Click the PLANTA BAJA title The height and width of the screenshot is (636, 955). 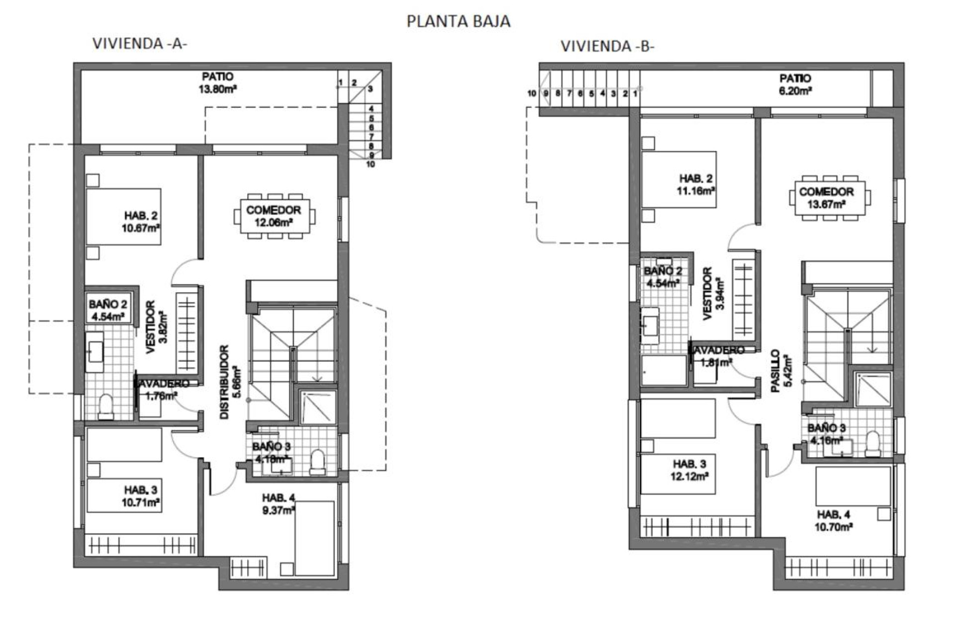[x=458, y=21]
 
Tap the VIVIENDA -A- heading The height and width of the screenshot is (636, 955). [x=140, y=44]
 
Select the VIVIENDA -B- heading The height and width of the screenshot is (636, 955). [x=607, y=46]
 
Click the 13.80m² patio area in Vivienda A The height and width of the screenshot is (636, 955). [x=217, y=83]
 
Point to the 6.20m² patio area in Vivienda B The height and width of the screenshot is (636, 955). [x=795, y=84]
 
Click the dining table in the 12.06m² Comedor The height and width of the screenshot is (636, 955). [x=274, y=216]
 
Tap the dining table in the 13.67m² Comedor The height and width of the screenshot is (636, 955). [x=829, y=197]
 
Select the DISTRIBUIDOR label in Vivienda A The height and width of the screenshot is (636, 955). [x=225, y=382]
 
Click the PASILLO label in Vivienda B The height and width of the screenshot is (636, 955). [x=775, y=371]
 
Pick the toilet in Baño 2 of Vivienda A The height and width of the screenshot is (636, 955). [x=105, y=406]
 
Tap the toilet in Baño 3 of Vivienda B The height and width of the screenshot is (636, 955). [x=872, y=444]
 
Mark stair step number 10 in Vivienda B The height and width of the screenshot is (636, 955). [x=532, y=93]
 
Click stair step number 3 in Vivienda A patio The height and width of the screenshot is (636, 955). [x=370, y=89]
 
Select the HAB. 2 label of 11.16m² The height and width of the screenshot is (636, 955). [x=695, y=184]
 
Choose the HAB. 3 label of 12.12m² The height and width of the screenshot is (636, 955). [x=689, y=470]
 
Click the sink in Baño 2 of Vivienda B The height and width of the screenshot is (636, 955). [x=650, y=326]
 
